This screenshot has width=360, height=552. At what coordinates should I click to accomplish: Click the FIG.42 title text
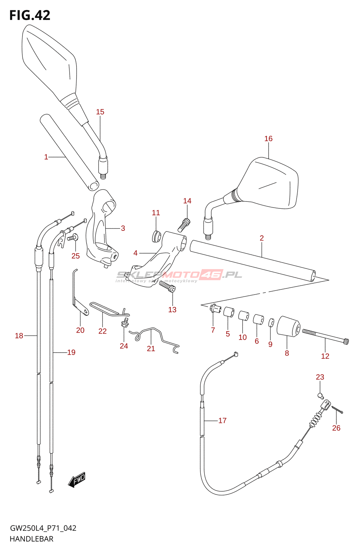30,15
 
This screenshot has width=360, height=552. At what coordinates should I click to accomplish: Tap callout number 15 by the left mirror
100,112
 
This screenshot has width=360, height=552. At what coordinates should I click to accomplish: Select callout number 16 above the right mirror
268,139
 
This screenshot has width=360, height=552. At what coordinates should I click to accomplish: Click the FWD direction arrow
77,480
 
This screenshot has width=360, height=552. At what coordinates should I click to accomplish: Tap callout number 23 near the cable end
320,377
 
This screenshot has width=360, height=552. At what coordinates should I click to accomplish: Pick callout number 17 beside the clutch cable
222,421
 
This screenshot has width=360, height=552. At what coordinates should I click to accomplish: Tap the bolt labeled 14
184,225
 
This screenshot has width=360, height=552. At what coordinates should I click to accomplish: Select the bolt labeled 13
168,286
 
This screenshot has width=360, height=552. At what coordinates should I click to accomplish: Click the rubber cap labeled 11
156,236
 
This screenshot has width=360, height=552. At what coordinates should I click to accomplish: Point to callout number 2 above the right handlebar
262,238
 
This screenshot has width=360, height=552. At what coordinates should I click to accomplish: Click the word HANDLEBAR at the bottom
31,539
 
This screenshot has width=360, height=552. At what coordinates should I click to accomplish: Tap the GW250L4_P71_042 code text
43,528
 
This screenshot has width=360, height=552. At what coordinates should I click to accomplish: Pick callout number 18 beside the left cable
19,335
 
